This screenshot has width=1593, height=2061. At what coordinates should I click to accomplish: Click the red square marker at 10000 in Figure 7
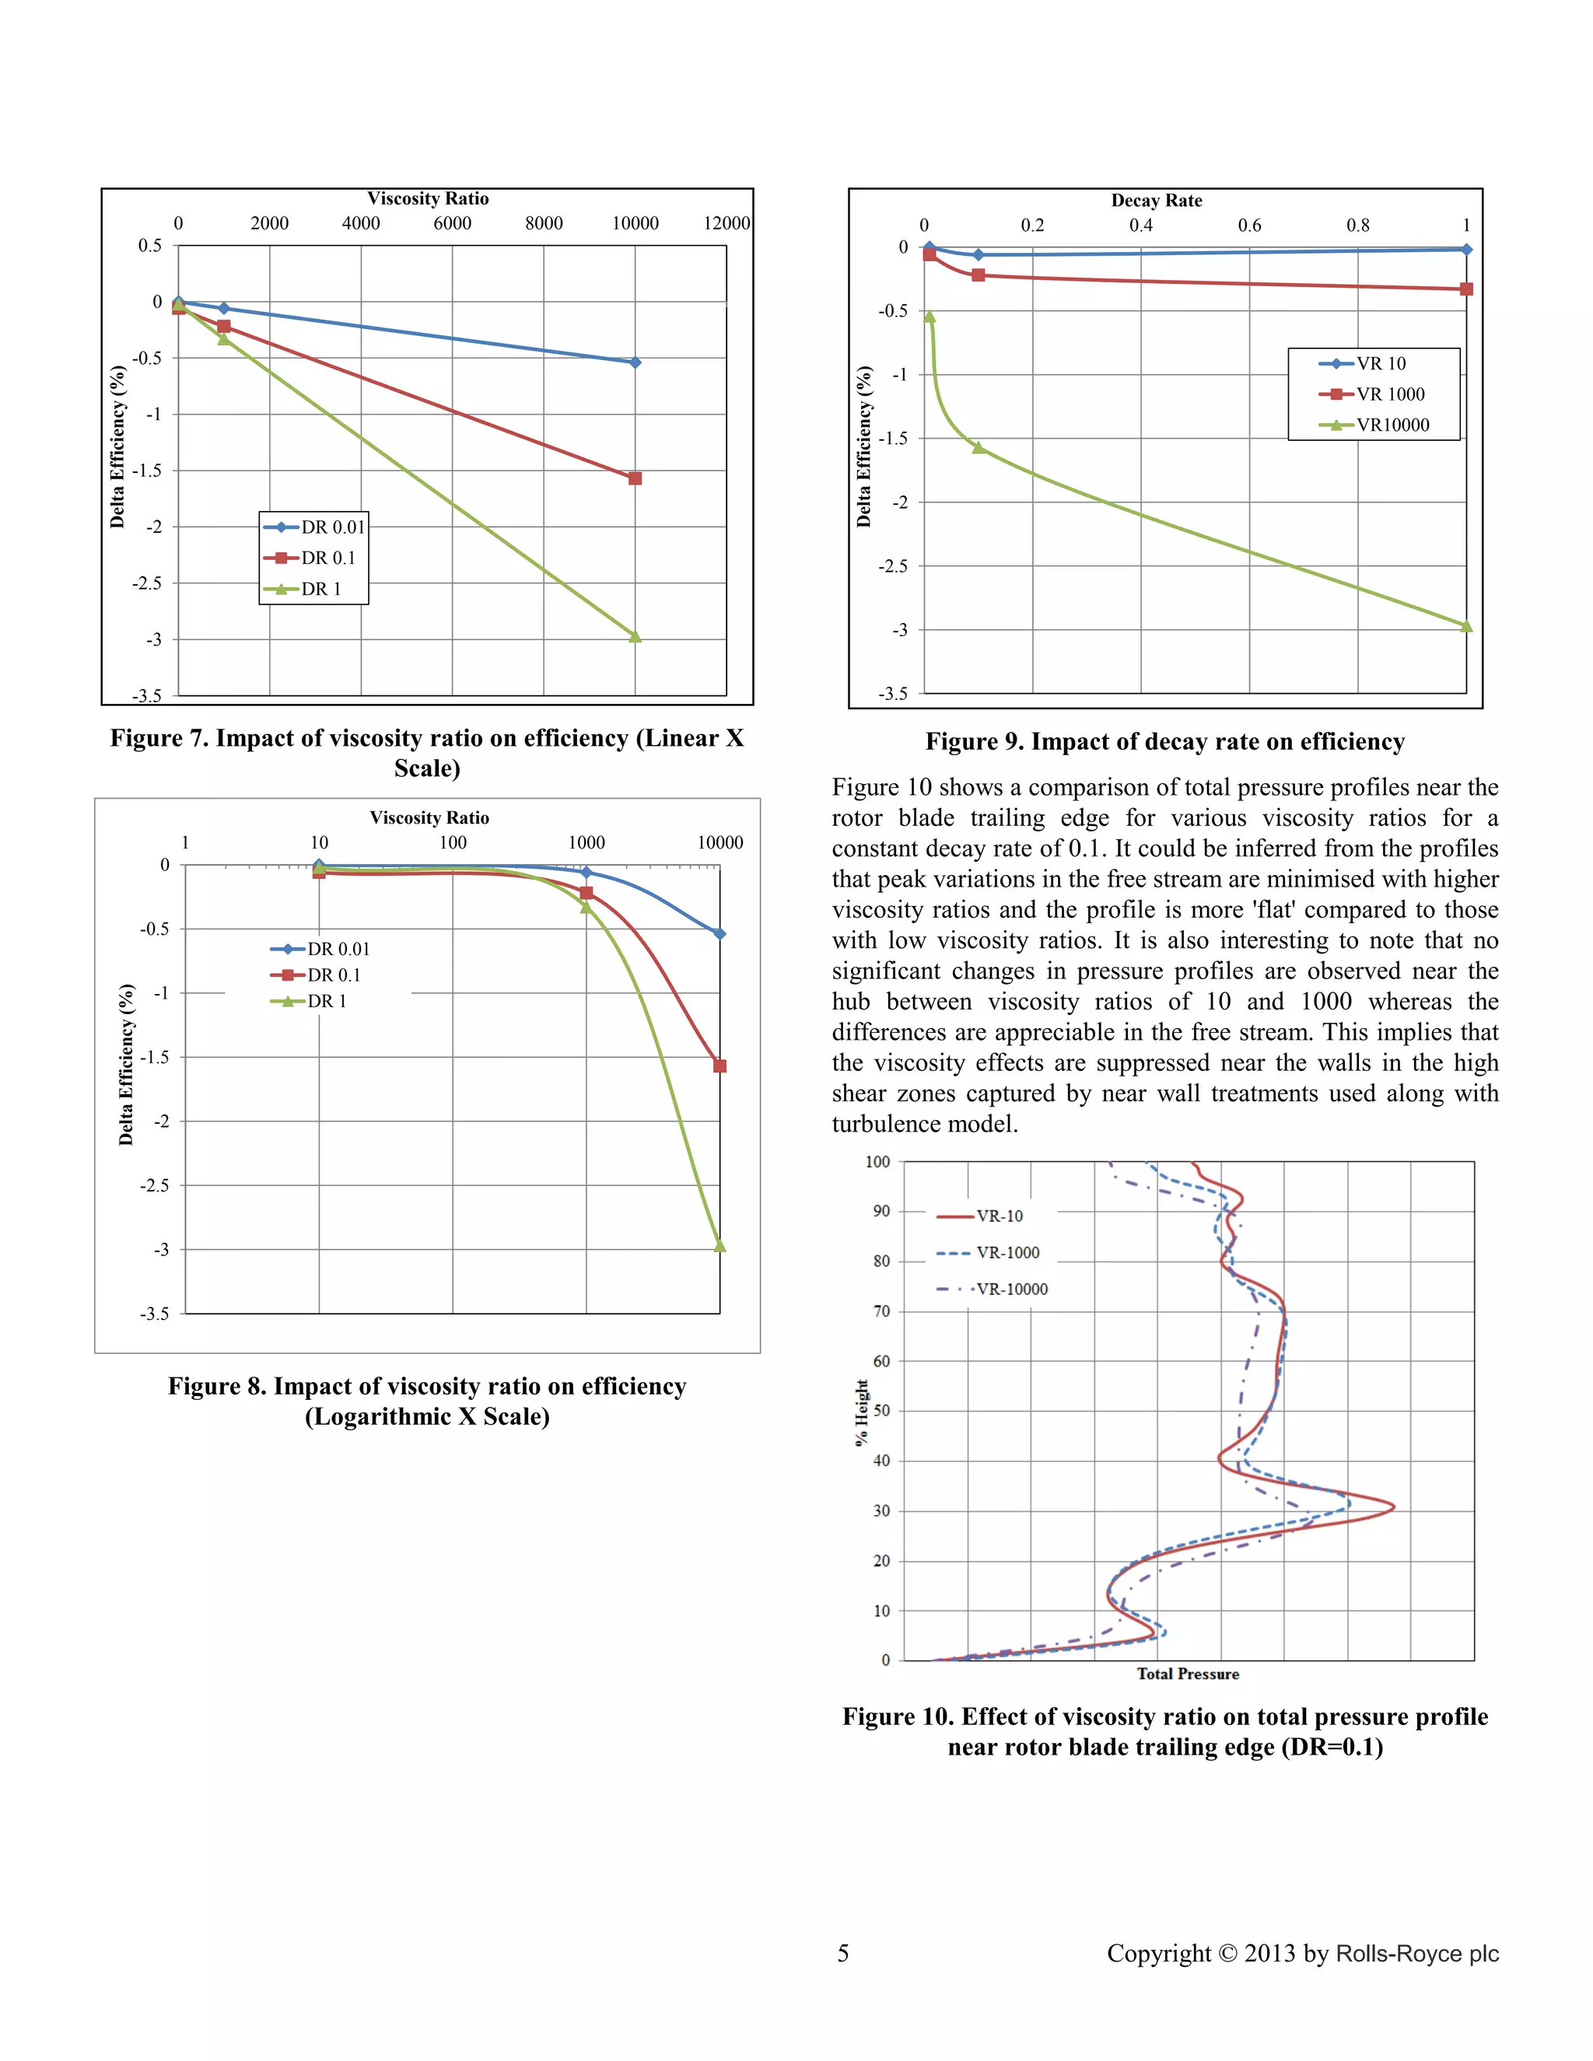point(635,478)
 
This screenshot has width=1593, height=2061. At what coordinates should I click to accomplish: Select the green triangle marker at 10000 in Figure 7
point(635,637)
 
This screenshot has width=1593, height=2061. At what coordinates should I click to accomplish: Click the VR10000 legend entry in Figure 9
point(1392,425)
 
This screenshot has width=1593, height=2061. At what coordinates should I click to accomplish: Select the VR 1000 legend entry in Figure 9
point(1390,394)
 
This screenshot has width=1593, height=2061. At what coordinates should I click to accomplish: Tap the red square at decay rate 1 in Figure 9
point(1465,289)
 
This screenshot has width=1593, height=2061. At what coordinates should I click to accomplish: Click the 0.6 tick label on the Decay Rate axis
point(1249,226)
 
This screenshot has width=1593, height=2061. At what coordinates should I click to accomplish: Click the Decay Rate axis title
point(1156,201)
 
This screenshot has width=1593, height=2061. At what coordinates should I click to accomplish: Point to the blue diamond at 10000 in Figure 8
point(719,933)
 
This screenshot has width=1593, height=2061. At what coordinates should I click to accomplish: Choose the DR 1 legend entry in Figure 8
point(327,1001)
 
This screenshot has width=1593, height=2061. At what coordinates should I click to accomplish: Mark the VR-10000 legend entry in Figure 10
point(1012,1289)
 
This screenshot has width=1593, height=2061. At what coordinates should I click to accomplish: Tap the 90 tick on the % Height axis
point(881,1211)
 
